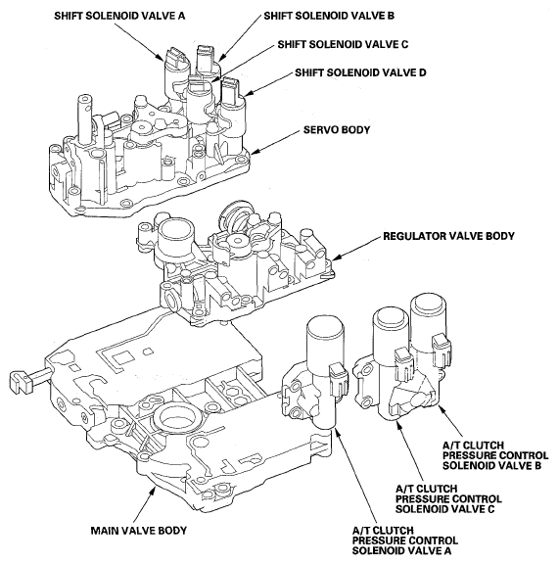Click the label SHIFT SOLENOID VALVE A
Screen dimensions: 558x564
click(x=119, y=16)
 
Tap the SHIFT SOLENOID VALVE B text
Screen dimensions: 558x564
click(x=329, y=16)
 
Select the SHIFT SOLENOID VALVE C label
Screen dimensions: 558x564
click(x=343, y=44)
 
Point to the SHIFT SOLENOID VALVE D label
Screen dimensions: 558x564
click(x=360, y=72)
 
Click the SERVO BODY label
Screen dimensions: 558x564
click(x=337, y=129)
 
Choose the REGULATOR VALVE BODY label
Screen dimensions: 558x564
click(x=448, y=236)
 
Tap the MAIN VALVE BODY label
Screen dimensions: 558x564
click(x=139, y=531)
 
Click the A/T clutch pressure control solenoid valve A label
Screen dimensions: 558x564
click(x=405, y=540)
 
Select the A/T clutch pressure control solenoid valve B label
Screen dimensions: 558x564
click(x=495, y=455)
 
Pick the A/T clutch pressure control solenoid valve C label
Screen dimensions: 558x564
click(x=448, y=499)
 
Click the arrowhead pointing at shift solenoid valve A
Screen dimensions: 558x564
click(x=161, y=57)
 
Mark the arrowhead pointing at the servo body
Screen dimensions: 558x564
click(x=255, y=152)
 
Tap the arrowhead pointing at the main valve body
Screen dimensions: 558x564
click(x=154, y=489)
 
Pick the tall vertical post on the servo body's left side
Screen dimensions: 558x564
click(x=84, y=118)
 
